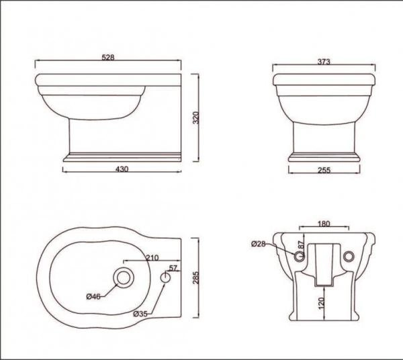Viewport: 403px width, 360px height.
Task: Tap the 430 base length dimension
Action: (x=122, y=170)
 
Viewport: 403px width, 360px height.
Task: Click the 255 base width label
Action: (x=323, y=171)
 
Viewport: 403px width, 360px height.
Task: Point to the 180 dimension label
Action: (x=324, y=224)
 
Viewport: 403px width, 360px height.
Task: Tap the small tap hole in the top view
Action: (x=166, y=277)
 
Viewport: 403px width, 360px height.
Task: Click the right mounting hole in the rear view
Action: (x=348, y=256)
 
